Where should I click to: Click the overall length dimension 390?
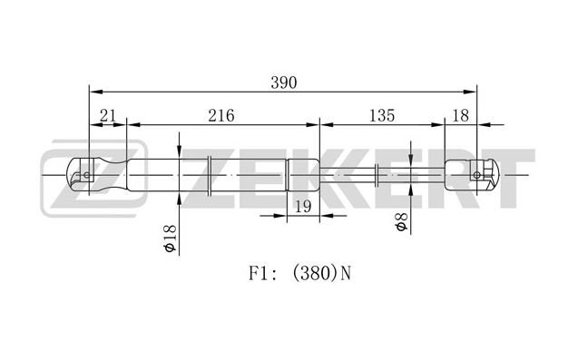(x=283, y=83)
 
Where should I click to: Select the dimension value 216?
(x=221, y=116)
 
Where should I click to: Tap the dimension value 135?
(x=382, y=116)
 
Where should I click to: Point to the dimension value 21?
(x=108, y=116)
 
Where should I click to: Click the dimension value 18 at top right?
(x=460, y=116)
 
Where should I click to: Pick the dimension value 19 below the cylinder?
(x=303, y=207)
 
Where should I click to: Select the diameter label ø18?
(x=171, y=238)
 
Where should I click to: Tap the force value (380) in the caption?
(x=315, y=274)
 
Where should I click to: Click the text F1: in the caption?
(x=263, y=274)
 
